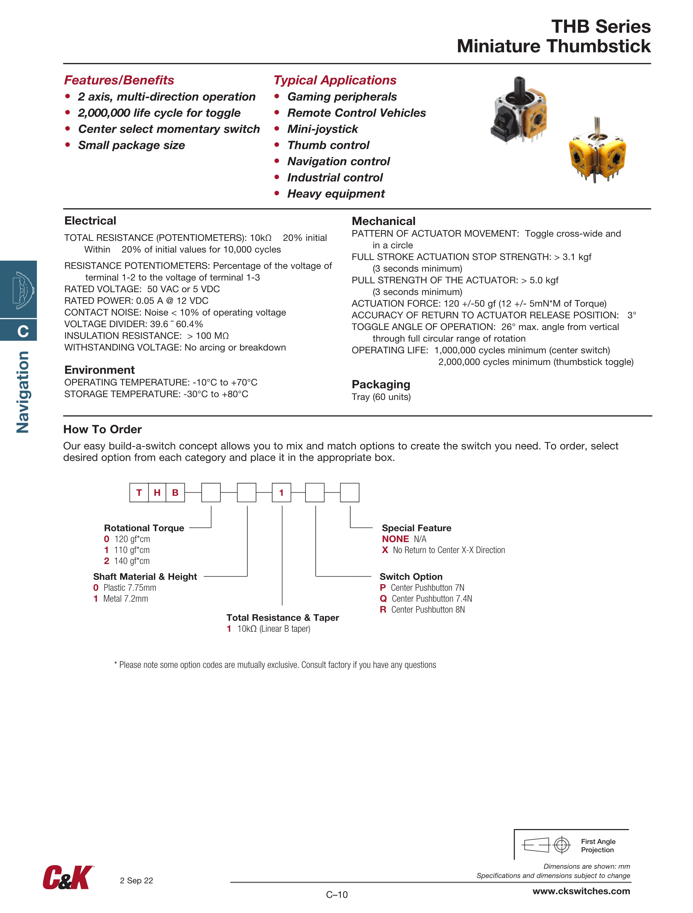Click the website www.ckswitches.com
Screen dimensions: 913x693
(x=581, y=891)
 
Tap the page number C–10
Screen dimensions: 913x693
(x=337, y=895)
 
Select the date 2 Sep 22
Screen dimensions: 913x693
(x=136, y=881)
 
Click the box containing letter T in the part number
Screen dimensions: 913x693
(x=139, y=492)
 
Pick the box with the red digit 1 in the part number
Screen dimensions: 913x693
(x=281, y=492)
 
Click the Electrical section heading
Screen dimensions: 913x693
(x=90, y=221)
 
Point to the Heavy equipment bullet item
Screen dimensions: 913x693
(x=336, y=194)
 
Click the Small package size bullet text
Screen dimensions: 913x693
(x=131, y=145)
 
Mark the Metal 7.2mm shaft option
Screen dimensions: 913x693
(x=125, y=598)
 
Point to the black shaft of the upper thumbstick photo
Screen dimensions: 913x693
(x=519, y=87)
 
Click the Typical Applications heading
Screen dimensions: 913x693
(x=335, y=80)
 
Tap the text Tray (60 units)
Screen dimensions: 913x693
(x=381, y=397)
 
